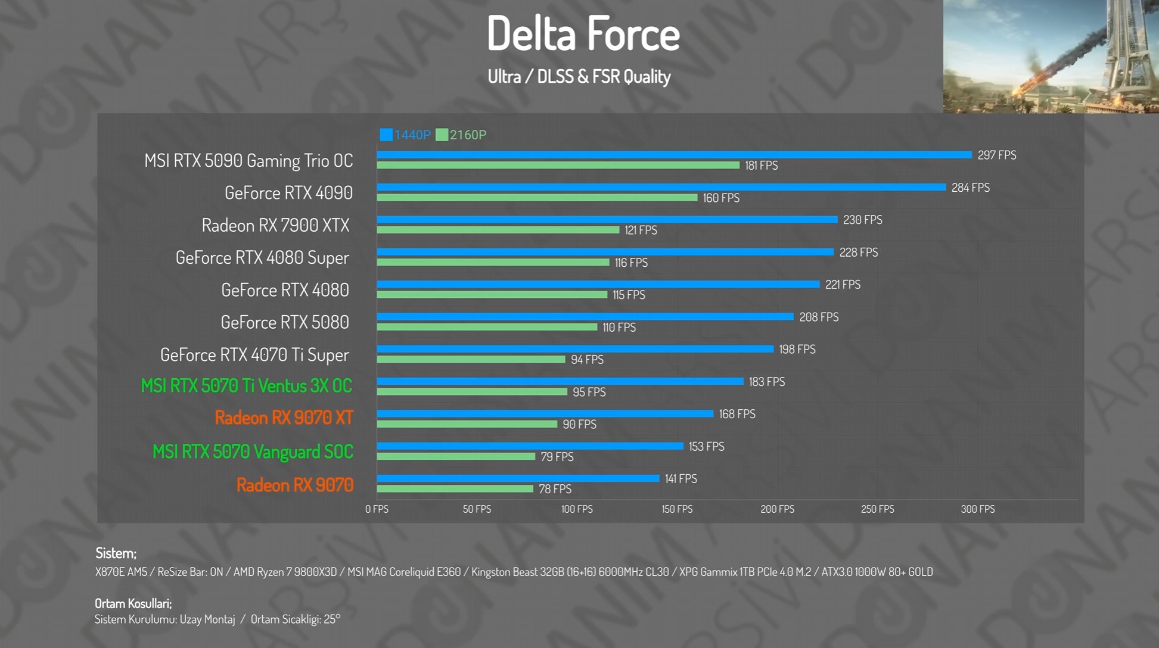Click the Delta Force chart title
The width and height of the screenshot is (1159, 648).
click(583, 34)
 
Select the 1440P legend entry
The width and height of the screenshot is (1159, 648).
click(405, 135)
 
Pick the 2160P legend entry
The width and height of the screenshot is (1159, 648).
click(461, 135)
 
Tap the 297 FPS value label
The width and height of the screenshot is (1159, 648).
click(996, 155)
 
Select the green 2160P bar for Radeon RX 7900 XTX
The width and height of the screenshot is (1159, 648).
click(498, 230)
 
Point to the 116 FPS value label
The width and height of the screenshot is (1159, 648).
click(631, 263)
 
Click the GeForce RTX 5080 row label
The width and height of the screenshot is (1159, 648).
click(284, 323)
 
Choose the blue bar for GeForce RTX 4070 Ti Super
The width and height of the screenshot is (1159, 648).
click(574, 349)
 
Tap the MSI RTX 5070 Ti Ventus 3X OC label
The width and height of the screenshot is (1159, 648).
click(246, 387)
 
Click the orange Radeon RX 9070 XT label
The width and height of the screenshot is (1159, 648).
click(284, 418)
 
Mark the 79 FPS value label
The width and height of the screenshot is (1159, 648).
click(557, 457)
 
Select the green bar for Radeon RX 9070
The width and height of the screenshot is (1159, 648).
click(455, 489)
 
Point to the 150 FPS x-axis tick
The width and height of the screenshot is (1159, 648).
click(677, 509)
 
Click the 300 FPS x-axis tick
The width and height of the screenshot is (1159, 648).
click(977, 509)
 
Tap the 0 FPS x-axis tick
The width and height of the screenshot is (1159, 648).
click(377, 509)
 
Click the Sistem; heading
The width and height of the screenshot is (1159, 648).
click(116, 553)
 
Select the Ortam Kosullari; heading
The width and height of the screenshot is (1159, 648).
click(133, 603)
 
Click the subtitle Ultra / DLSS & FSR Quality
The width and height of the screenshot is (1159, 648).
click(579, 77)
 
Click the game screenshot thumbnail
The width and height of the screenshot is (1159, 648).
click(1051, 57)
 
